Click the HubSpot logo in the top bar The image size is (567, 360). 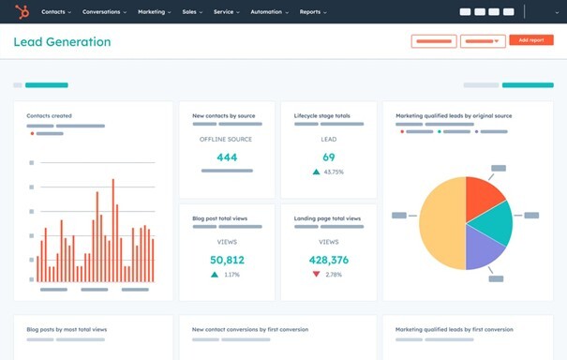point(22,12)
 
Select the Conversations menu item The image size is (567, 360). point(103,12)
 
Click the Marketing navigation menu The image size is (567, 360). point(153,12)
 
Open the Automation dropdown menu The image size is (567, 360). point(268,12)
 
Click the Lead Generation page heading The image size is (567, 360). point(62,42)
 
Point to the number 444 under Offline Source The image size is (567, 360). point(227,157)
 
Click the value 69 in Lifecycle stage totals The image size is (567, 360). point(328,157)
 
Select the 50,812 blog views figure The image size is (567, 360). point(227,260)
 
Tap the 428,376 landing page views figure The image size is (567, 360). point(328,260)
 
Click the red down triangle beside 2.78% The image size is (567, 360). point(316,275)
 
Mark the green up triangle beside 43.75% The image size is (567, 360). point(316,172)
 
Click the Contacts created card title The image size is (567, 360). point(49,116)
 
